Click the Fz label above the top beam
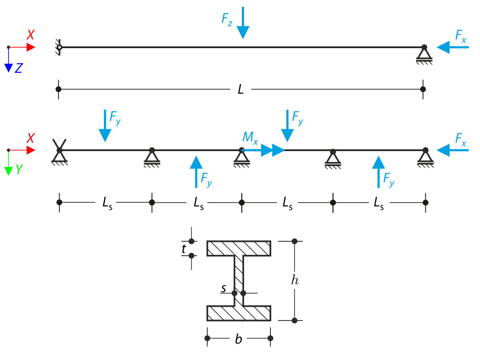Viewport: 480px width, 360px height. point(227,20)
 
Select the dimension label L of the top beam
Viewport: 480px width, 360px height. point(240,89)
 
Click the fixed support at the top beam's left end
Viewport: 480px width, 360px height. point(59,48)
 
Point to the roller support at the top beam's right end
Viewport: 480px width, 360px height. point(424,54)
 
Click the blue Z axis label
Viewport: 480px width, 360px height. point(18,69)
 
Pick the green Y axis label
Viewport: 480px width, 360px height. point(19,170)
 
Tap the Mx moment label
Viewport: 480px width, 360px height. point(250,138)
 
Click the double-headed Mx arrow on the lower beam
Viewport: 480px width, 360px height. point(268,150)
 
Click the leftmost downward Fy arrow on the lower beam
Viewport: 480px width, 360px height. point(105,126)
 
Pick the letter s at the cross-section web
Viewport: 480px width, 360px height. point(224,288)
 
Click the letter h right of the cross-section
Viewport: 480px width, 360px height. point(295,281)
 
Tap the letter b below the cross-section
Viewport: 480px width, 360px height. point(238,340)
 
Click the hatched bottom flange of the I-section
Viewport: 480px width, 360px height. point(239,313)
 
